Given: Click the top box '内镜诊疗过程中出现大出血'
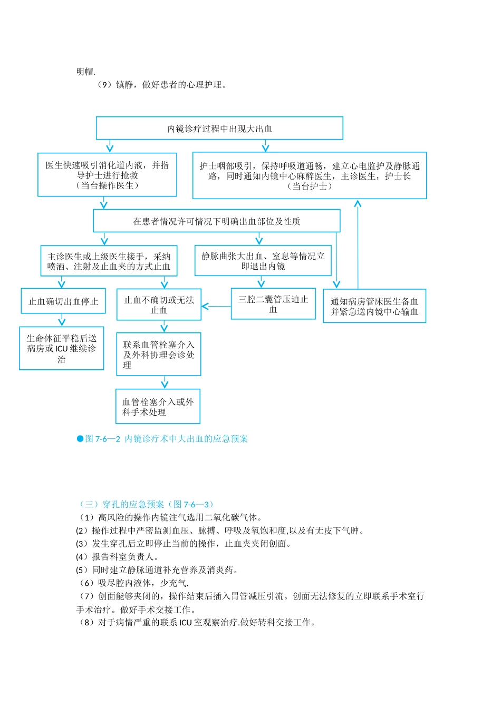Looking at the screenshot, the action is point(219,128).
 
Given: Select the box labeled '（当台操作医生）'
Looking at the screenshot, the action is point(107,175).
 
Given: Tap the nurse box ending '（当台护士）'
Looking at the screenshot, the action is point(310,175).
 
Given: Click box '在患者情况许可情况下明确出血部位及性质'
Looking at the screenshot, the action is point(217,221).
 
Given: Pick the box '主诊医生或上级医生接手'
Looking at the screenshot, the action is point(109,261).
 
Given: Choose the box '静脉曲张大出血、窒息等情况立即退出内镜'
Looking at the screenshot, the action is point(263,261).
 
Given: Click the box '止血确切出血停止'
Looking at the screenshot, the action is point(63,302).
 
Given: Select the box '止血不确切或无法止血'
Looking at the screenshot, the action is point(159,305).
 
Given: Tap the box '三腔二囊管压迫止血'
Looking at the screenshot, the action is point(273,304).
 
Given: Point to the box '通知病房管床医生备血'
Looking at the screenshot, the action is point(374,306).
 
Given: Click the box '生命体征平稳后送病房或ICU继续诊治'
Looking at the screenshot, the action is point(62,349).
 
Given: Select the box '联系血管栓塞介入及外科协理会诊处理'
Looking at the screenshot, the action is point(159,355).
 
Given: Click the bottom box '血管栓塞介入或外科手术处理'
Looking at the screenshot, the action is point(158,407).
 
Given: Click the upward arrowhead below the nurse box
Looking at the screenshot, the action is point(358,203).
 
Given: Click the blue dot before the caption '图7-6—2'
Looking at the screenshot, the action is point(80,438).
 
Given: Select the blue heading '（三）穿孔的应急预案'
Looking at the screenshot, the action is point(146,504).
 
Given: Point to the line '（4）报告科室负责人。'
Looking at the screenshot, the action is point(117,556).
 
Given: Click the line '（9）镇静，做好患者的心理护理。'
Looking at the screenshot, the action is point(161,84).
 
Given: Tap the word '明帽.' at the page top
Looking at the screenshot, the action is point(86,71).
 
